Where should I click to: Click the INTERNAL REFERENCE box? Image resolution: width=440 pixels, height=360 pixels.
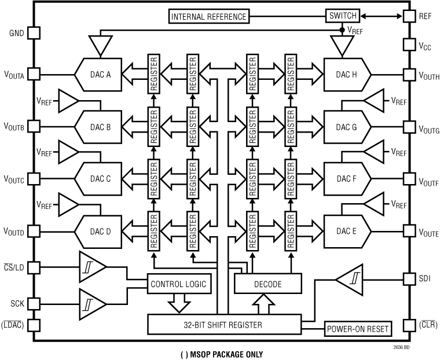209,17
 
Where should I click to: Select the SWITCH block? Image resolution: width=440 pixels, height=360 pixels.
343,16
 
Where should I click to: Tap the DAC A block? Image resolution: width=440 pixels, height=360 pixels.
98,75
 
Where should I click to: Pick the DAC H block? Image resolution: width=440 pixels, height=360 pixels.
347,75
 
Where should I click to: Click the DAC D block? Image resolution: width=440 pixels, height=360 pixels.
98,232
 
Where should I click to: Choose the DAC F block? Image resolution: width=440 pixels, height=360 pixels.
347,179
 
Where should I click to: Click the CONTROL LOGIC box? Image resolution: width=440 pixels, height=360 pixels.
179,284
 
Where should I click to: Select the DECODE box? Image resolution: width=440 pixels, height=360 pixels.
268,284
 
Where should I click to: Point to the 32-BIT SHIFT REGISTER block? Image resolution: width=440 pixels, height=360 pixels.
224,325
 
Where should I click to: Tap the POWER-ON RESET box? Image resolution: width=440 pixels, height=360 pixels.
358,329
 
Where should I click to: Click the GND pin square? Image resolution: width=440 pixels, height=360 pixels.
34,33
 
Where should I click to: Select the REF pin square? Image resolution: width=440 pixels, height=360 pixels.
409,16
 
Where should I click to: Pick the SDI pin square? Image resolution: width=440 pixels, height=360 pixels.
409,279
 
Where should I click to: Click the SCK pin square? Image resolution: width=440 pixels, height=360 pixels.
34,304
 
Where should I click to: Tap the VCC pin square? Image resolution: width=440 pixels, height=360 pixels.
409,45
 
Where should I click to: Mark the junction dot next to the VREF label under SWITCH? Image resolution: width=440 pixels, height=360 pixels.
342,30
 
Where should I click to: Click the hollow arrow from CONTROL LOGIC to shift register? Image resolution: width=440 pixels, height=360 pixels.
179,303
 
